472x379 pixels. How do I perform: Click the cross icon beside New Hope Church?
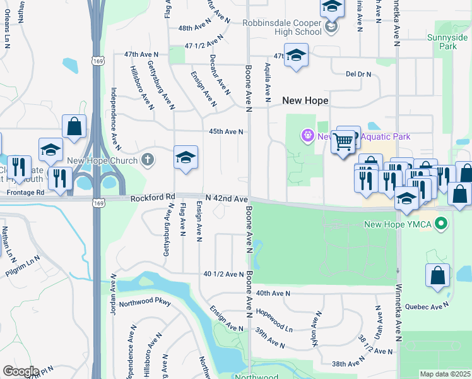147,160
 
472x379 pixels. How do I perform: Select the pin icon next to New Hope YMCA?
442,224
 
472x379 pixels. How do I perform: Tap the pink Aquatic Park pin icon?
307,135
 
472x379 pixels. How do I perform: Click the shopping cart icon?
343,142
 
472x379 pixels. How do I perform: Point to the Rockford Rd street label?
152,198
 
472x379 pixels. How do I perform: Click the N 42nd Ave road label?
225,199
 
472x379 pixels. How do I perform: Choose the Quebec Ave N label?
427,306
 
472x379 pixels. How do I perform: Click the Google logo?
21,371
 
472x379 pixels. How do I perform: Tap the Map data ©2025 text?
444,374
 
